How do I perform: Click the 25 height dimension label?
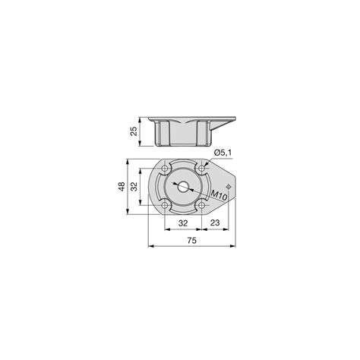[134, 131]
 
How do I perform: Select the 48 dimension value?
[122, 186]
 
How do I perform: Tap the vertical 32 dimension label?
[134, 186]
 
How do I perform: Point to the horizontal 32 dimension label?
[182, 223]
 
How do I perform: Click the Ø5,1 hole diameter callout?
[222, 153]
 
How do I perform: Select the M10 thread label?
[219, 195]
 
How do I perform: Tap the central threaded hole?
[182, 186]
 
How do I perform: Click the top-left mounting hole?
[164, 169]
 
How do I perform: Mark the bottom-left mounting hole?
[164, 205]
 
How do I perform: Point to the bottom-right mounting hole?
[201, 205]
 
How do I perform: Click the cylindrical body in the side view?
[183, 135]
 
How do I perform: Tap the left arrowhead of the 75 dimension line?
[150, 246]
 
